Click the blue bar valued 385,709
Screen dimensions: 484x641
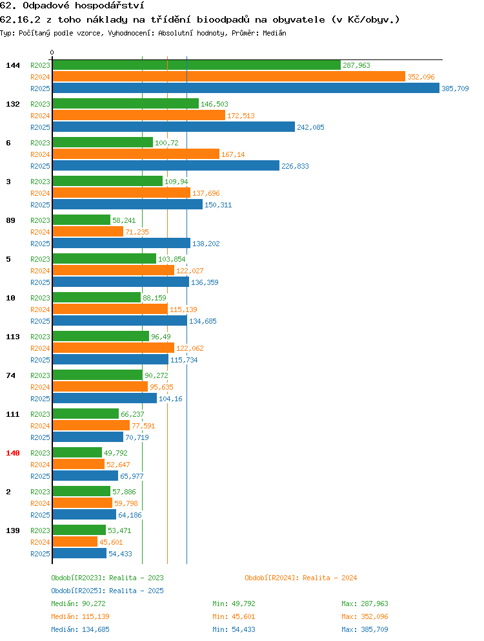pos(246,89)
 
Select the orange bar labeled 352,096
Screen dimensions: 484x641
pos(228,76)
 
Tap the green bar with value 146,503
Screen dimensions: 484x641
pos(125,104)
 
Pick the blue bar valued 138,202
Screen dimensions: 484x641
pos(121,243)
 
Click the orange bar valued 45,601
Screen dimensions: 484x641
pos(75,541)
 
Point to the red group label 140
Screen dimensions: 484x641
pos(13,453)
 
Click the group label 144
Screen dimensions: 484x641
pos(13,65)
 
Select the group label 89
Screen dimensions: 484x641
pos(10,220)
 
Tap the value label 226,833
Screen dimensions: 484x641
pos(295,166)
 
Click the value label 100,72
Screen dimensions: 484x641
pos(166,143)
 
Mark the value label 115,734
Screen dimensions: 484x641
pos(184,360)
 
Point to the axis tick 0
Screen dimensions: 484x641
pos(52,53)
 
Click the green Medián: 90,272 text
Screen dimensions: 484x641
pos(79,604)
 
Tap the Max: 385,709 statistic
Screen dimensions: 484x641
pos(365,629)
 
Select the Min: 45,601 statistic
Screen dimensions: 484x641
pos(234,616)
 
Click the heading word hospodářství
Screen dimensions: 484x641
pos(110,6)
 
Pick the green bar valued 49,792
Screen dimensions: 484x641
pos(77,452)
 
